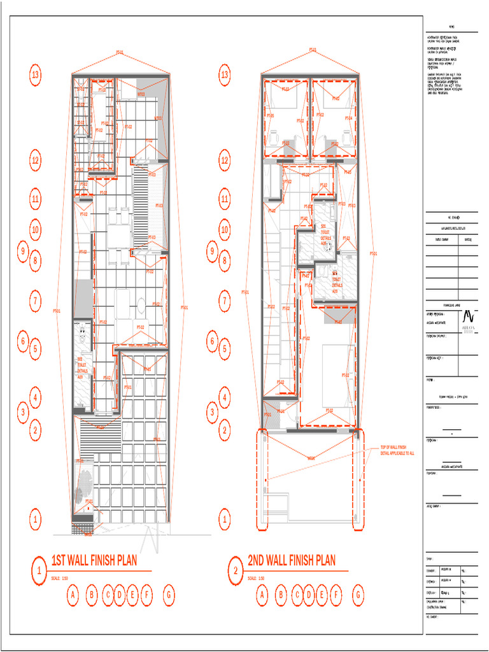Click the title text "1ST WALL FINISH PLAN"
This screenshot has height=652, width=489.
point(94,561)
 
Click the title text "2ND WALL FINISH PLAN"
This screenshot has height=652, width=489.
point(291,561)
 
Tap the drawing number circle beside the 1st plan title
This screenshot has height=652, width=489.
point(39,570)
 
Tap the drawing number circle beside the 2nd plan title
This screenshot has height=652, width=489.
point(235,570)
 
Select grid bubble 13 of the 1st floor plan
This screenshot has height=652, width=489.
point(36,74)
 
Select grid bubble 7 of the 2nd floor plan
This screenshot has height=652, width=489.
point(224,300)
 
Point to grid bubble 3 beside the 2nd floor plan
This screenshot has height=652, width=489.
point(213,412)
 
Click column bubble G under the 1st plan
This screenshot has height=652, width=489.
point(168,595)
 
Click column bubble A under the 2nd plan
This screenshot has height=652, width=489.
point(261,595)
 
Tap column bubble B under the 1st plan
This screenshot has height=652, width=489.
point(92,595)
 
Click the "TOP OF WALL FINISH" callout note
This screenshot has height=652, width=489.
point(397,450)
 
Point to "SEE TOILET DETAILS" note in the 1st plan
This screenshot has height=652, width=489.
point(80,367)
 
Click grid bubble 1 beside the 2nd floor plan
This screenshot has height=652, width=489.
point(224,519)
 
